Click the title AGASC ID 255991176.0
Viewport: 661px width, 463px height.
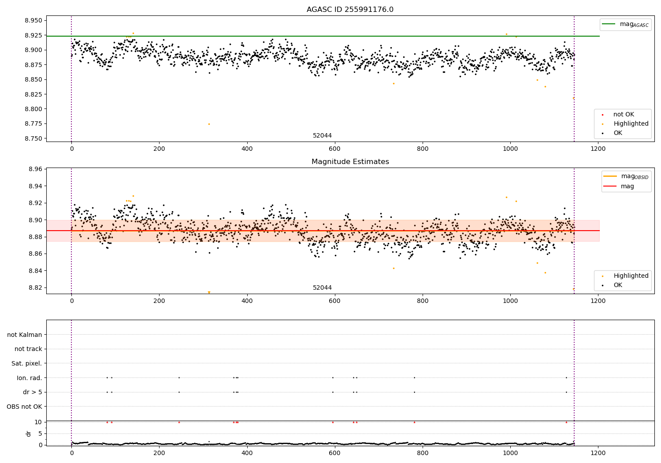point(350,10)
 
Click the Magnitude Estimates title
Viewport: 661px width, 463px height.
point(350,162)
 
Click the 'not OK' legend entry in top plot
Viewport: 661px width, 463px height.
point(623,115)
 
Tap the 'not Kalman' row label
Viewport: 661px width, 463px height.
point(25,335)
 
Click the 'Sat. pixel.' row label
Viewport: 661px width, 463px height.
point(27,363)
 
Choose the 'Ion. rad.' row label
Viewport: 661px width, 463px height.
point(30,378)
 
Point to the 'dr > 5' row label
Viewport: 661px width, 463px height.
point(33,392)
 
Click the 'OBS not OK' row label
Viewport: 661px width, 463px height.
point(25,407)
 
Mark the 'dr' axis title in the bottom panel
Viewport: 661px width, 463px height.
point(29,433)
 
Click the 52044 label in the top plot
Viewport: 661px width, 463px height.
point(322,136)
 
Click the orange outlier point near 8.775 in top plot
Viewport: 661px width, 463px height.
point(209,124)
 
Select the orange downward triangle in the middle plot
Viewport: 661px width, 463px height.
point(209,292)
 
